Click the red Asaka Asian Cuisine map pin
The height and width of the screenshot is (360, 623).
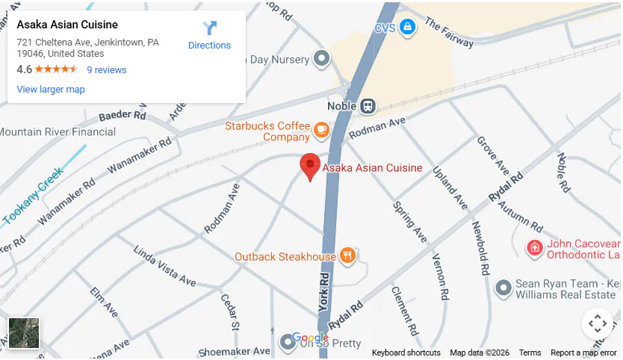[x=310, y=165]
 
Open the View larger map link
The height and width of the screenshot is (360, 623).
[x=51, y=90]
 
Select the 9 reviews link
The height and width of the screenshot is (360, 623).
[x=107, y=70]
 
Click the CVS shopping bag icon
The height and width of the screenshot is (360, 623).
[x=407, y=28]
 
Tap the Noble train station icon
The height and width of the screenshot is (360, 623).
[x=368, y=106]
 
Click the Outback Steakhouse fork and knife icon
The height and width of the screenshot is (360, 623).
[x=347, y=256]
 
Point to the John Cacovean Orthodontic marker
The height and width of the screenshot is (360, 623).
[x=534, y=248]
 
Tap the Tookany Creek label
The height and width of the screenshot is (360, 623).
[x=34, y=196]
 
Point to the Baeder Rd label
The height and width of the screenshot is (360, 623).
[x=122, y=116]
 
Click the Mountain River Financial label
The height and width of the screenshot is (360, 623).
[x=58, y=132]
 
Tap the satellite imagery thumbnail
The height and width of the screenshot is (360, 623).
[x=24, y=332]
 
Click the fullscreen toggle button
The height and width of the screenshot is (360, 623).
[x=597, y=323]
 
